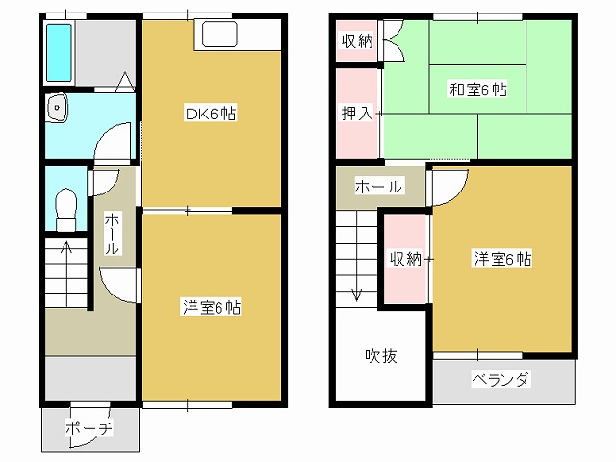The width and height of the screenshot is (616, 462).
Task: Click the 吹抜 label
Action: [380, 355]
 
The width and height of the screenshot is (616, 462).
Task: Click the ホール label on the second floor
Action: [378, 187]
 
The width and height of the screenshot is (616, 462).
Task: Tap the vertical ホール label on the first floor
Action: [112, 234]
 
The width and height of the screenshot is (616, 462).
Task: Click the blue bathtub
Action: [60, 54]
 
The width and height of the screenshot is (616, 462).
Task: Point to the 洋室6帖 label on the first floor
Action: [212, 308]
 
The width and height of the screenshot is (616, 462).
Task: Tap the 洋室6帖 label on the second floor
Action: [502, 259]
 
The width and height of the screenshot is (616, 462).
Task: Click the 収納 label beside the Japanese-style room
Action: [357, 42]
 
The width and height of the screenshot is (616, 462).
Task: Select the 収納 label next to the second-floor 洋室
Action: [405, 259]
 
